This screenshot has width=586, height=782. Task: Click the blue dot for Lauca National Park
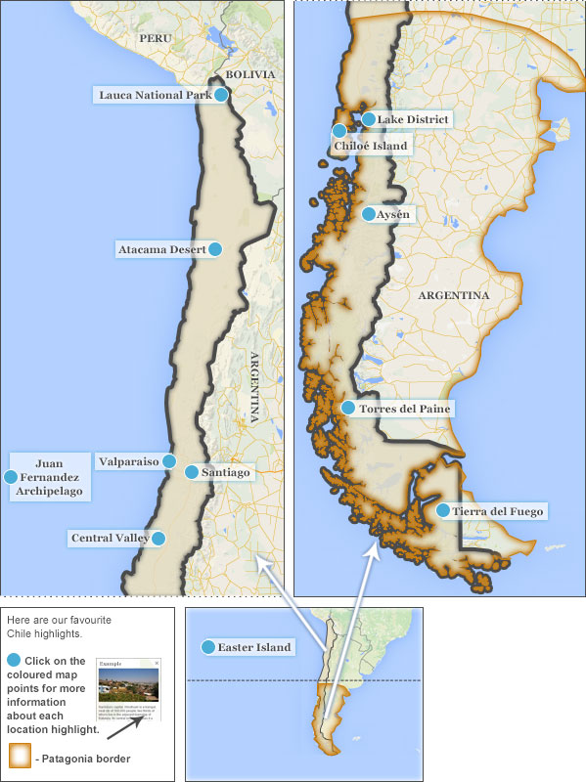coord(222,95)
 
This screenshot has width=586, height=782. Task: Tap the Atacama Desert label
coord(161,249)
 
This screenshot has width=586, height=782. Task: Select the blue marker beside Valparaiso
coord(169,460)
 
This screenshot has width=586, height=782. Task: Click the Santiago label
coord(225,472)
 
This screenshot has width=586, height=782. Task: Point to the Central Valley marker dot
coord(158,538)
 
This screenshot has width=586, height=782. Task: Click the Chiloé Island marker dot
coord(339,131)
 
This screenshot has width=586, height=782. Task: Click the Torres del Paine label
coord(405,409)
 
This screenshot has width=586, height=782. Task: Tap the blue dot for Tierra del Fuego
coord(443,510)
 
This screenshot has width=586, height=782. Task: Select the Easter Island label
coord(254,647)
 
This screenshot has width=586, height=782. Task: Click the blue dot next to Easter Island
coord(207,647)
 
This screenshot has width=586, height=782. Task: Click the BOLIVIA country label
coord(249,74)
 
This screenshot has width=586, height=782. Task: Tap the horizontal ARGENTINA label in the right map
coord(453,294)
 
